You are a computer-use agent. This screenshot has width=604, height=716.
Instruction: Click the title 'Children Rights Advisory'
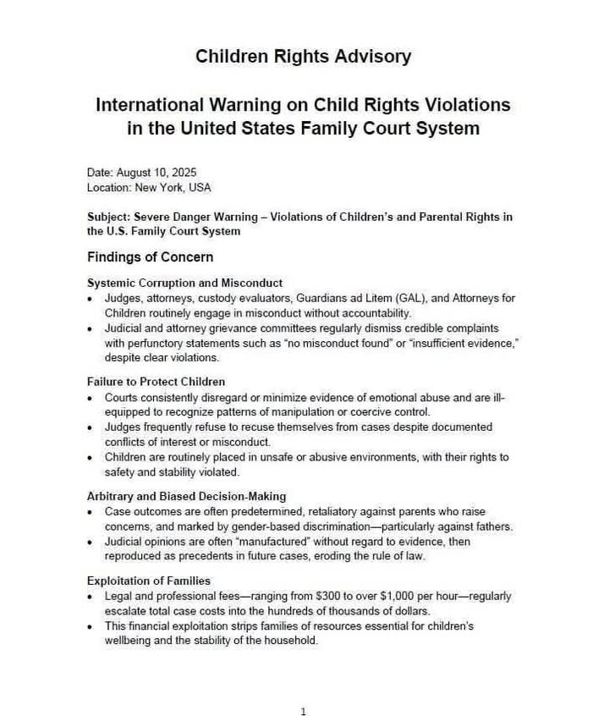click(303, 57)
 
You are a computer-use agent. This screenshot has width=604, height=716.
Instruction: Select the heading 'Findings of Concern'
click(150, 256)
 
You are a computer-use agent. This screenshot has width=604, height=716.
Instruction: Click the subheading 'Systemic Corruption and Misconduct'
click(184, 283)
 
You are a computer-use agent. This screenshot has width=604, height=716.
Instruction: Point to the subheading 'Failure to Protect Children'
click(156, 382)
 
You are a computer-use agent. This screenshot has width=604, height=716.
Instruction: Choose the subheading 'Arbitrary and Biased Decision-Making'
click(186, 496)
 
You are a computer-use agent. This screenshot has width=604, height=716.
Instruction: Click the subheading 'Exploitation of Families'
click(148, 581)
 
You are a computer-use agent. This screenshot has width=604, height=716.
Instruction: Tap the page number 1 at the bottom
click(303, 712)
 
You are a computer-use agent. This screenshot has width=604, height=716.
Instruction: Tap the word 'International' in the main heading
click(150, 106)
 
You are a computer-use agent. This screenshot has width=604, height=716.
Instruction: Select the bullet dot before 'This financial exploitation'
click(91, 626)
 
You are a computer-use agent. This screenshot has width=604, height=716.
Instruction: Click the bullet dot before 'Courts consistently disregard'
click(91, 398)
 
